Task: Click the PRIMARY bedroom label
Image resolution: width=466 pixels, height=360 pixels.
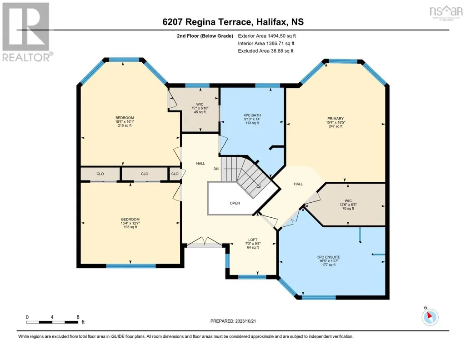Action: (336, 119)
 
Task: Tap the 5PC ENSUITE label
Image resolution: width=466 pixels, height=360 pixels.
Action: (329, 257)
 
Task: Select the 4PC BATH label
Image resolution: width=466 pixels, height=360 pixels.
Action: (252, 115)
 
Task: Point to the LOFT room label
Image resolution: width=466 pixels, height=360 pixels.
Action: (253, 240)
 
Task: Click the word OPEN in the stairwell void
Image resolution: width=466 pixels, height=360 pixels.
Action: (235, 203)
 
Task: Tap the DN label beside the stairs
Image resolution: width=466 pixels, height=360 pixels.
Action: (216, 169)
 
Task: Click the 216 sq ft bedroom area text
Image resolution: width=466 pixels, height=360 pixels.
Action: (125, 125)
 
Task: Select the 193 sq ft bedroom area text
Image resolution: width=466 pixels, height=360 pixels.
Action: (130, 227)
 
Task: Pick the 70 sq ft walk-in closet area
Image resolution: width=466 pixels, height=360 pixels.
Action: (348, 209)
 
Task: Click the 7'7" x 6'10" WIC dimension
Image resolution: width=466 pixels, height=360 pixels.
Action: (200, 108)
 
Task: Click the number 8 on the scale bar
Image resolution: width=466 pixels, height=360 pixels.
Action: (78, 317)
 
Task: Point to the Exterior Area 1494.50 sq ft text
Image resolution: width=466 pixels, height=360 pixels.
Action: (267, 36)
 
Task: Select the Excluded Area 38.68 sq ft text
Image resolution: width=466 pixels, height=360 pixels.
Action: (266, 51)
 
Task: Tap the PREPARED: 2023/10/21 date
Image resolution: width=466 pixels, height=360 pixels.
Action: (233, 321)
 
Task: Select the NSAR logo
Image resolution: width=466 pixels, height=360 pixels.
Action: (446, 12)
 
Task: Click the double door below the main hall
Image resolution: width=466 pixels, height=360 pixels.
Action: (204, 242)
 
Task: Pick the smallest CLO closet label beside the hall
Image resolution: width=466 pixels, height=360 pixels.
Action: (175, 174)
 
